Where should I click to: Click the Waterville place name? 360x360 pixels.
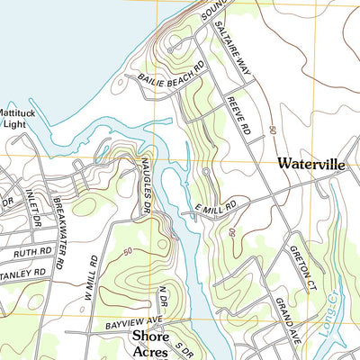coord(311,165)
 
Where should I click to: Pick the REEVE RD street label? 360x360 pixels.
coord(237,114)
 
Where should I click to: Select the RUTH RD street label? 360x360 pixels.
coord(31,254)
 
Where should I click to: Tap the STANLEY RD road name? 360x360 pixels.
coord(24,272)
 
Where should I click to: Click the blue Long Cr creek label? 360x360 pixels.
coord(327,337)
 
